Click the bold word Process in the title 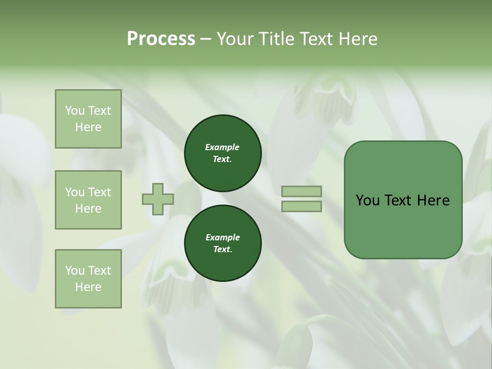point(161,39)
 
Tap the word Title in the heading point(277,39)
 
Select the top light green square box point(88,119)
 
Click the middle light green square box point(88,200)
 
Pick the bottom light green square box point(88,279)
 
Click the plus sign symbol point(157,199)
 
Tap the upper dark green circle point(223,153)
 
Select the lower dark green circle point(223,243)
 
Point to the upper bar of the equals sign point(301,191)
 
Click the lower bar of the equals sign point(301,207)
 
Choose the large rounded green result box point(403,200)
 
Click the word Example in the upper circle point(222,148)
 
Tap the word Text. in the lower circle point(222,249)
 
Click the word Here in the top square point(88,127)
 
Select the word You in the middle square point(74,192)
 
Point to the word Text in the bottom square point(98,271)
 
